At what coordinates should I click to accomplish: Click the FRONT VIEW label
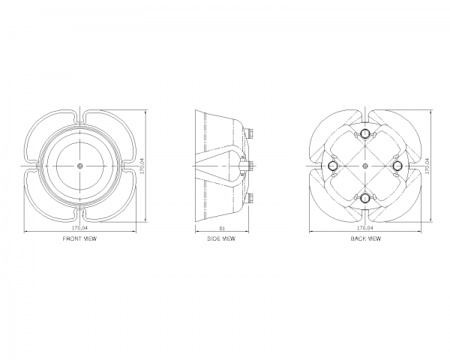click(x=79, y=238)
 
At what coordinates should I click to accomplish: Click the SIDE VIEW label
click(x=221, y=238)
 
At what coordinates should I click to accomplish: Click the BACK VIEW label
click(x=366, y=238)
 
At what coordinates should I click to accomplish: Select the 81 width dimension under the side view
click(x=222, y=228)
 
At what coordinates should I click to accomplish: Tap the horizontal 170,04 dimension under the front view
click(x=79, y=228)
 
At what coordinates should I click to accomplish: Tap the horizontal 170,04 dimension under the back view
click(x=365, y=228)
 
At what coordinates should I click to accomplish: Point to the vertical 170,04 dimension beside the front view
click(x=142, y=166)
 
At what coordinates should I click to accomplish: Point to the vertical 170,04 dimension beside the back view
click(x=427, y=166)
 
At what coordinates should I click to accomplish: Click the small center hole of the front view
click(x=80, y=166)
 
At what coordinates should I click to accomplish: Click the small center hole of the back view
click(x=365, y=166)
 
